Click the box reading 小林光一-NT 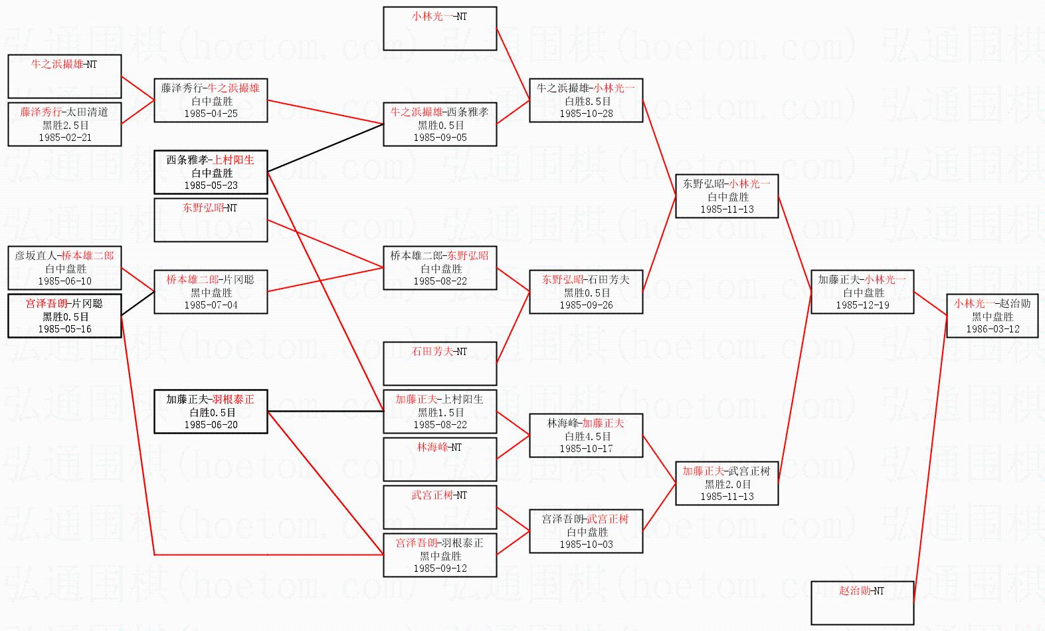(x=440, y=29)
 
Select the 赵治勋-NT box (x=862, y=602)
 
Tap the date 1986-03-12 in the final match (x=993, y=329)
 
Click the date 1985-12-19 (x=862, y=305)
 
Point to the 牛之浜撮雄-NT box (x=64, y=76)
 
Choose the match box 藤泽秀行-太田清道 (x=64, y=124)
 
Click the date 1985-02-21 (x=65, y=138)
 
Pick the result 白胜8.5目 (x=587, y=101)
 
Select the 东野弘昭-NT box (x=211, y=220)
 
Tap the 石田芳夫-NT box (x=440, y=364)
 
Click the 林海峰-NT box (x=440, y=459)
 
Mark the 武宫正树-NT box (x=440, y=507)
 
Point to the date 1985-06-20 (x=211, y=425)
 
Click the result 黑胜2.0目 (x=727, y=484)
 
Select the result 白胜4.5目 (x=587, y=436)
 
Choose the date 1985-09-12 (x=440, y=568)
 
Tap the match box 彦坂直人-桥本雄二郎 (x=64, y=268)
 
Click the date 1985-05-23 (x=211, y=186)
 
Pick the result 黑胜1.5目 (x=440, y=412)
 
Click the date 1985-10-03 (x=587, y=545)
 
